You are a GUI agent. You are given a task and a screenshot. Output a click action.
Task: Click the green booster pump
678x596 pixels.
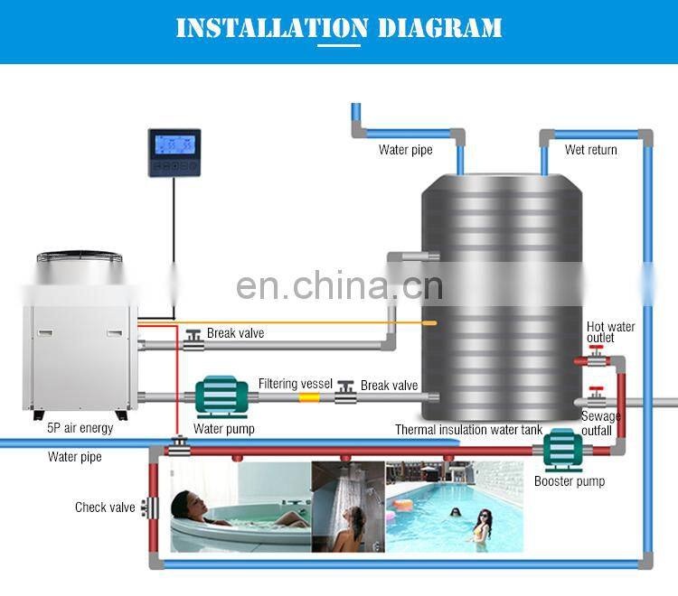tap(565, 450)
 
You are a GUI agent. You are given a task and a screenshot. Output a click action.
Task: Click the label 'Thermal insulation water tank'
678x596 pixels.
tap(468, 430)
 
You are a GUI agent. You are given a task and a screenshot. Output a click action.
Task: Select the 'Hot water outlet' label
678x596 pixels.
tap(610, 332)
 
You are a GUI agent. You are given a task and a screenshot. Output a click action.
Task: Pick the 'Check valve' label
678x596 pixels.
tap(105, 508)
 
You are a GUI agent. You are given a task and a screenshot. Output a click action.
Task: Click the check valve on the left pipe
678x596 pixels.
tap(150, 508)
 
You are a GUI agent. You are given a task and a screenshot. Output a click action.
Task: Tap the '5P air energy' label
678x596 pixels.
tap(80, 427)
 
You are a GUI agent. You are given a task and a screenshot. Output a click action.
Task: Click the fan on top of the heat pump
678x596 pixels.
tap(79, 259)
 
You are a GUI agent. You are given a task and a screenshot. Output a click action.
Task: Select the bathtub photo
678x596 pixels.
tap(240, 507)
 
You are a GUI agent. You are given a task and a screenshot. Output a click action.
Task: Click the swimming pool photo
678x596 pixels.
tap(454, 507)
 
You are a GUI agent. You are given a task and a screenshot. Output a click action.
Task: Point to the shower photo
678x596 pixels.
tap(348, 507)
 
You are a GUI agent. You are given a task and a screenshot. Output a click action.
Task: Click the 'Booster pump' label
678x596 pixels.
tap(569, 481)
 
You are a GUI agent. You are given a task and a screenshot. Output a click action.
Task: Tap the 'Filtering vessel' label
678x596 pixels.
tap(295, 384)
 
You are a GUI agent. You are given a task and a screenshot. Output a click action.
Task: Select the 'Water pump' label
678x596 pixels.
tap(223, 429)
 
